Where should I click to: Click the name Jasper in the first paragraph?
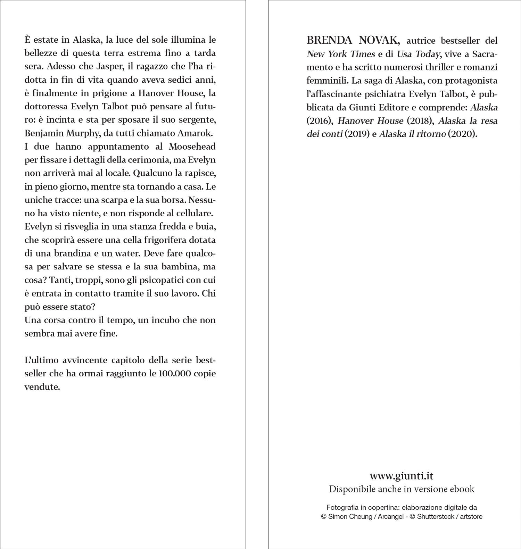pyautogui.click(x=105, y=66)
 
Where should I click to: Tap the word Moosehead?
pyautogui.click(x=192, y=147)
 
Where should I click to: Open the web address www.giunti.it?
pyautogui.click(x=401, y=475)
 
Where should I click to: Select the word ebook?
pyautogui.click(x=462, y=489)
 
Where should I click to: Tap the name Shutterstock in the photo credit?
pyautogui.click(x=438, y=516)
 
